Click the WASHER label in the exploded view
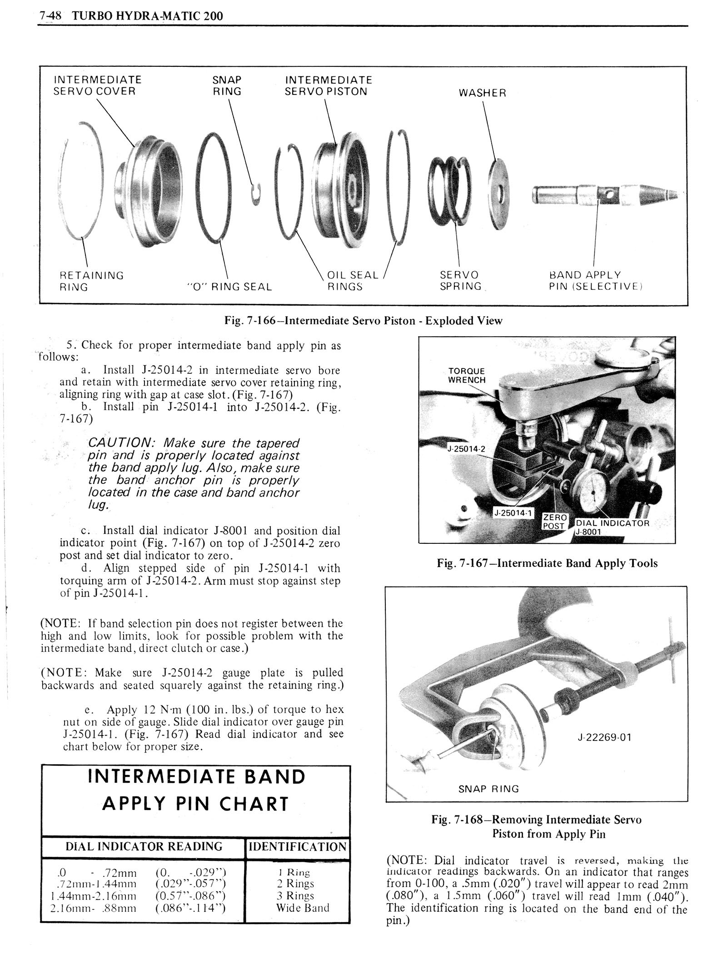point(482,93)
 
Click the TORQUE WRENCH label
point(467,375)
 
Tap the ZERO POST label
point(555,522)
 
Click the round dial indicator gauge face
point(593,492)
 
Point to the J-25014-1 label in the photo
point(513,513)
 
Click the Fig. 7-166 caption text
point(363,321)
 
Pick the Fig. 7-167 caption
point(547,563)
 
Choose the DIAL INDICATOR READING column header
point(144,846)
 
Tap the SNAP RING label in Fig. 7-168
point(488,789)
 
